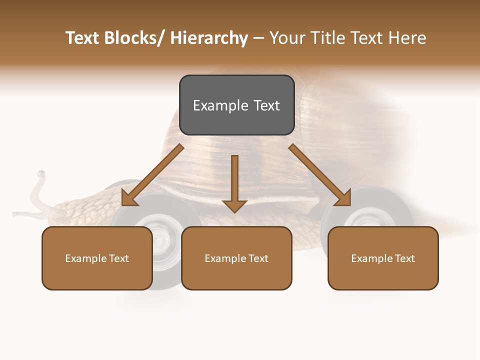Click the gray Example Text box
point(236,105)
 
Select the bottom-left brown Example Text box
point(97,258)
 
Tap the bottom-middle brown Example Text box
point(236,258)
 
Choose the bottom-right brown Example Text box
point(383,258)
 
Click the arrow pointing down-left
point(152,175)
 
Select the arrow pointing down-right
point(320,175)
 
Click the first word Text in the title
point(83,38)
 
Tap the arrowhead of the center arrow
point(234,205)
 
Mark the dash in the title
point(258,38)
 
